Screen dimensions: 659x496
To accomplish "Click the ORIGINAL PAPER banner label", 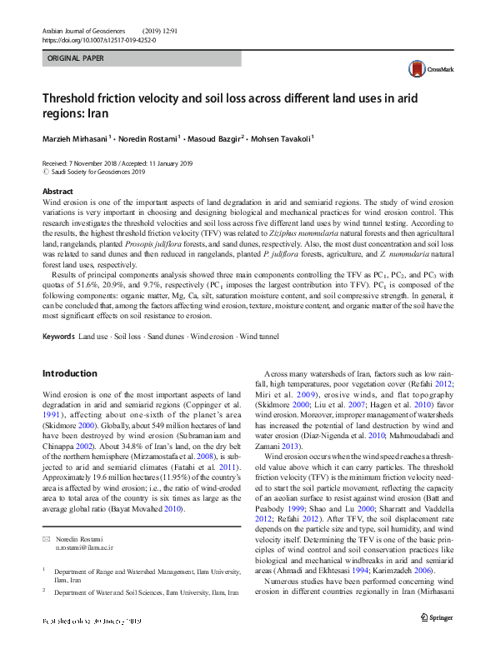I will [78, 59].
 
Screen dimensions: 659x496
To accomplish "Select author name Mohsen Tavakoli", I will [283, 137].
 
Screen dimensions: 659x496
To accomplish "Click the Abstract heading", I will [58, 192].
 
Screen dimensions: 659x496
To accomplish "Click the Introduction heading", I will [69, 373].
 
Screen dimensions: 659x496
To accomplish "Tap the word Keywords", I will [58, 336].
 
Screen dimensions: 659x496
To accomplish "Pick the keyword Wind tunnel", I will [258, 336].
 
